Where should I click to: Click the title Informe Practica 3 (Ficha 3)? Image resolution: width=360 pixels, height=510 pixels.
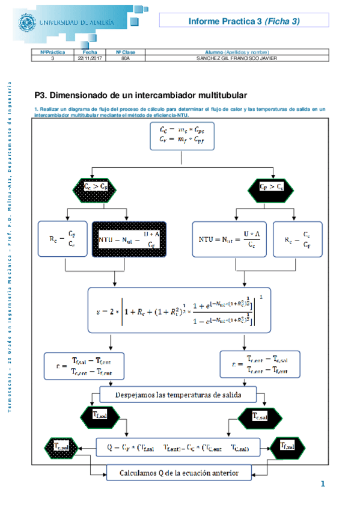[243, 21]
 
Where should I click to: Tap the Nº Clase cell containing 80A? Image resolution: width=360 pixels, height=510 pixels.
[126, 58]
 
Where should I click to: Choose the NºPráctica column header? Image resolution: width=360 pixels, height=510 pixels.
[52, 53]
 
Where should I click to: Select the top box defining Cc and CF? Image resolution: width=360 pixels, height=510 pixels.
[182, 135]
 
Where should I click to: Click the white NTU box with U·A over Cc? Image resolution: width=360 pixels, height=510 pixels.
[230, 240]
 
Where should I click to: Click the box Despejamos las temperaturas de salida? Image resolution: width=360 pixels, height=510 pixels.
[177, 395]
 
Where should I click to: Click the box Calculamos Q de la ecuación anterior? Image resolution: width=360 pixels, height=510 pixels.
[178, 473]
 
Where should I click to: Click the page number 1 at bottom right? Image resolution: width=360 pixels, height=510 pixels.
[323, 484]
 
